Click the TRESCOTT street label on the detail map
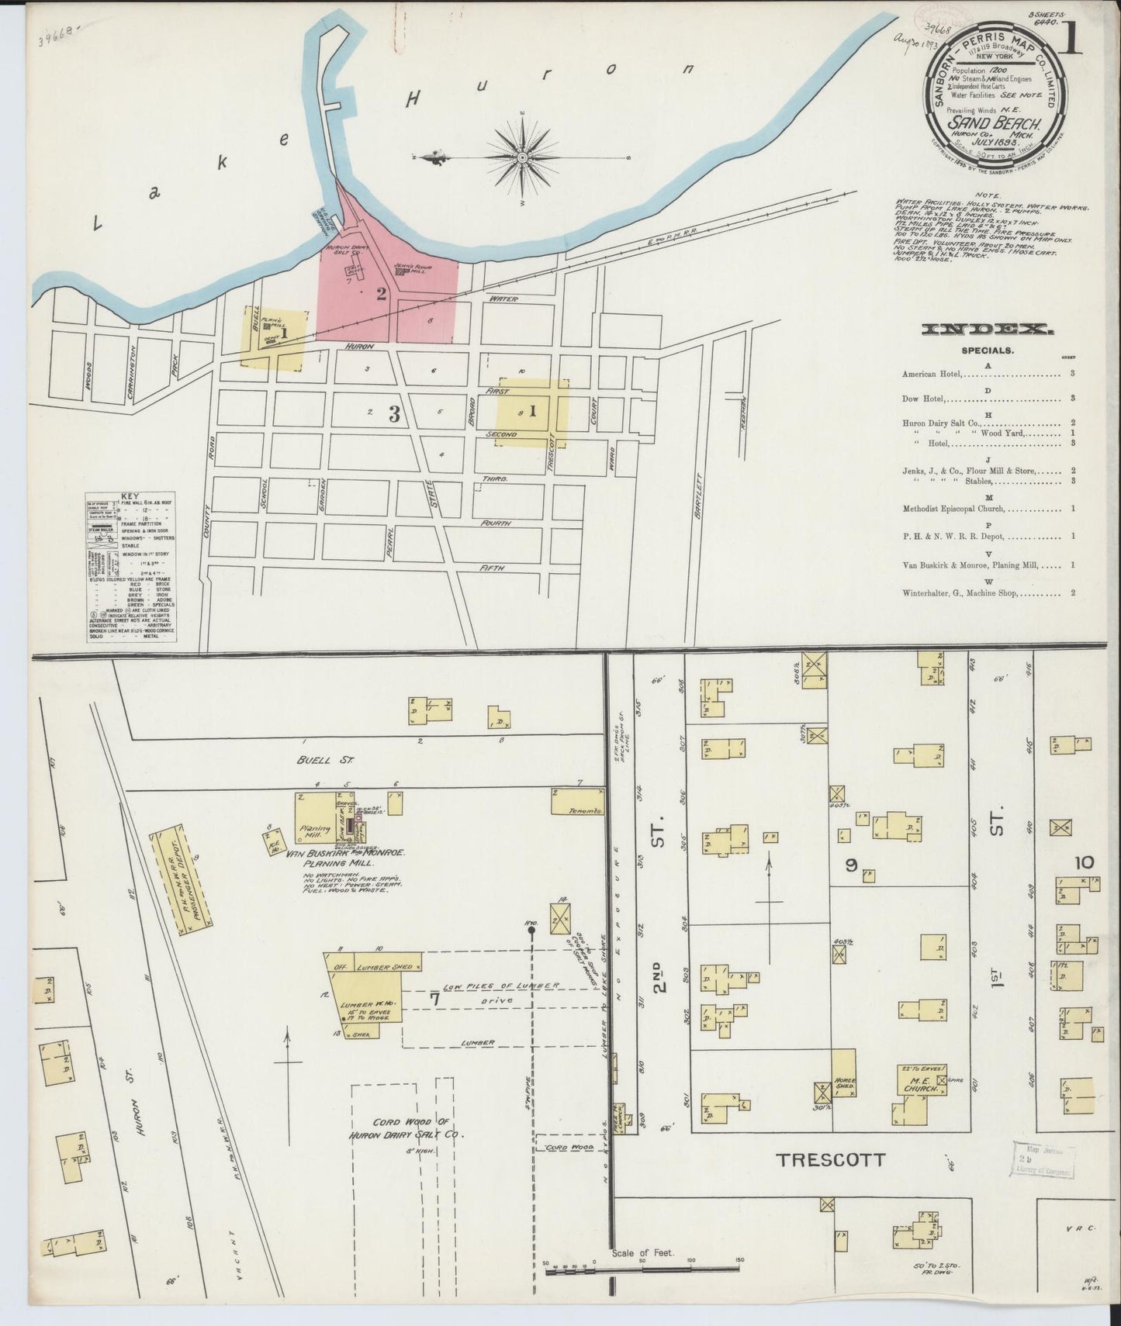tap(831, 1160)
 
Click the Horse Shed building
tap(843, 1072)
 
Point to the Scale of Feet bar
tap(641, 1270)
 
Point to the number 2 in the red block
tap(381, 293)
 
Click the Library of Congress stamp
tap(1042, 1161)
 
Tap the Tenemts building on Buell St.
tap(578, 802)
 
